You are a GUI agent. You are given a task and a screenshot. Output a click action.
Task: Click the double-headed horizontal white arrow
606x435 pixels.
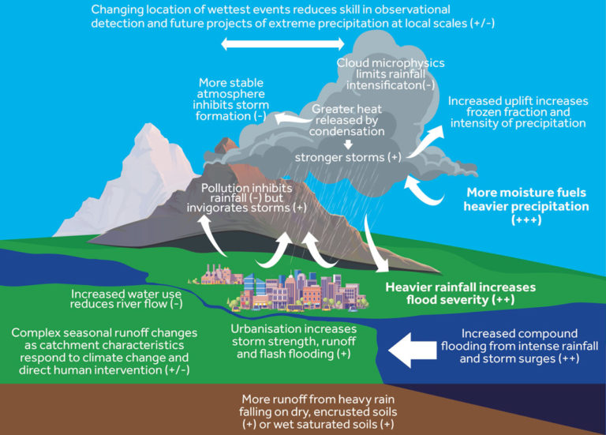point(274,45)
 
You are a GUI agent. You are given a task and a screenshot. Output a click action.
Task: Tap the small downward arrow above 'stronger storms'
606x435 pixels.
point(348,144)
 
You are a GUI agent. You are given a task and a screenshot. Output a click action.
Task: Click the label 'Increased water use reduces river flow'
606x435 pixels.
point(127,297)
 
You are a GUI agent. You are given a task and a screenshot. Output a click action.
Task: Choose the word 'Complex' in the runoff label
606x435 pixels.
point(36,332)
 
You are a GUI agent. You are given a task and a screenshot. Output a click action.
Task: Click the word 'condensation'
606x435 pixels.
point(348,132)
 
